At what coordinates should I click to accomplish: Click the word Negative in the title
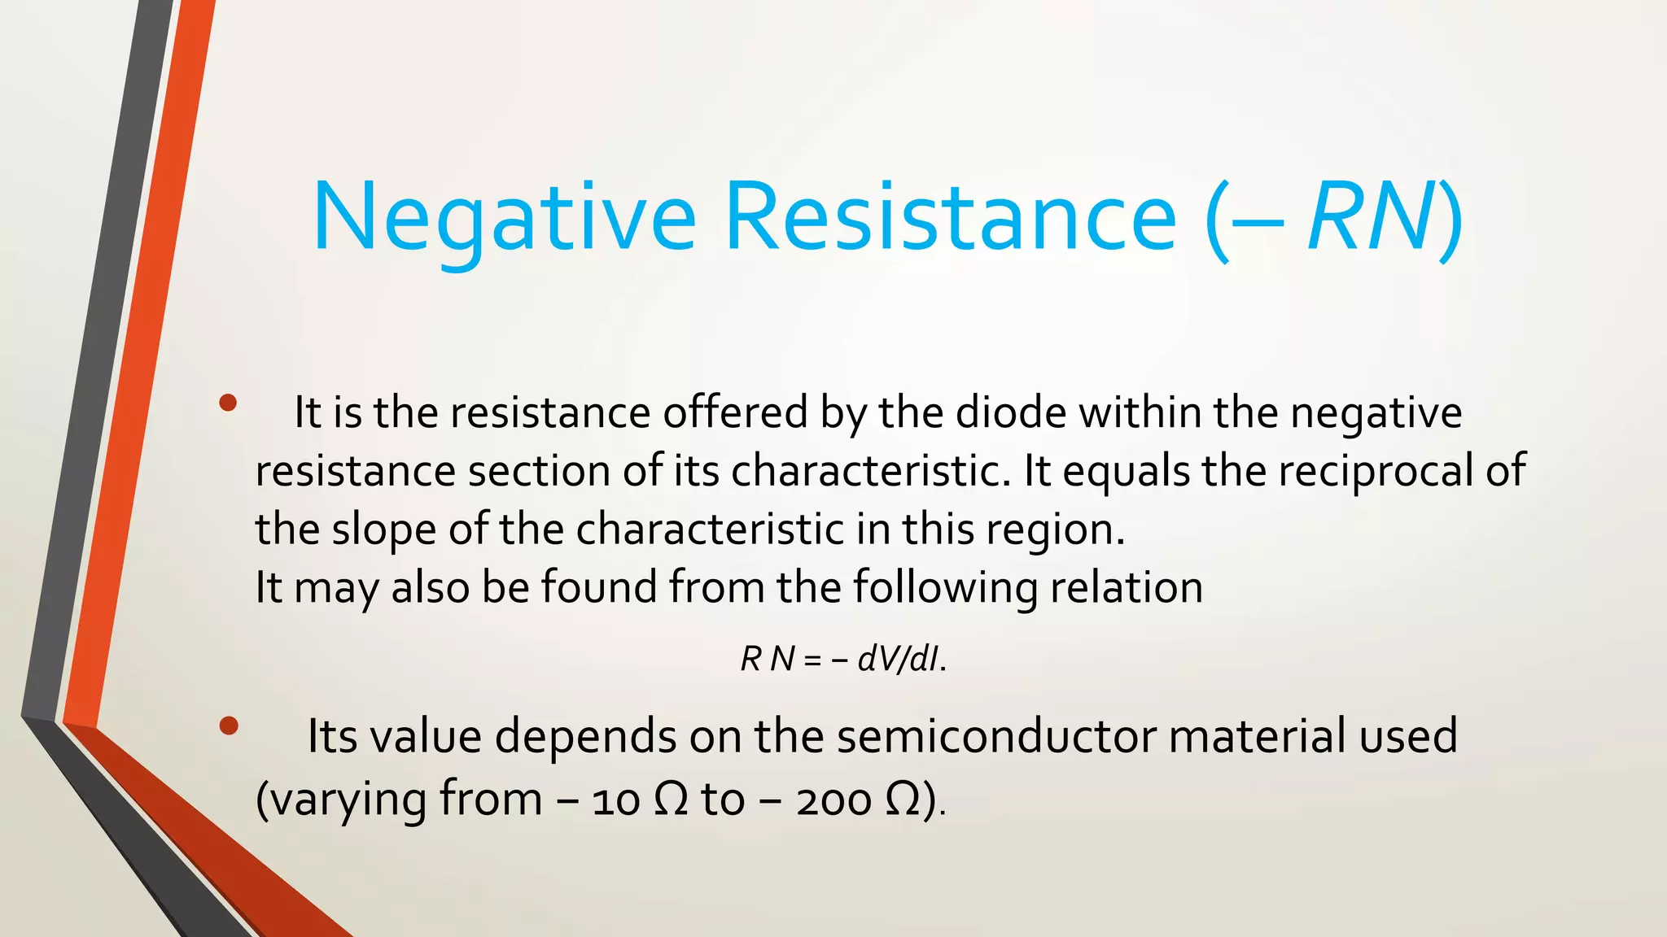pos(504,218)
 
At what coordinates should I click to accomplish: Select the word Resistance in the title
pos(950,218)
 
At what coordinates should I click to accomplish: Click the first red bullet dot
pos(228,403)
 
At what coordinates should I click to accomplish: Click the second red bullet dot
pos(228,726)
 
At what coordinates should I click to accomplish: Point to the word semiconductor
pos(996,736)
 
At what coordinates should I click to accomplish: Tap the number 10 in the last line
pos(615,801)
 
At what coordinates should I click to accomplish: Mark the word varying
pos(348,801)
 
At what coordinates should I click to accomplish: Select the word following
pos(945,587)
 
